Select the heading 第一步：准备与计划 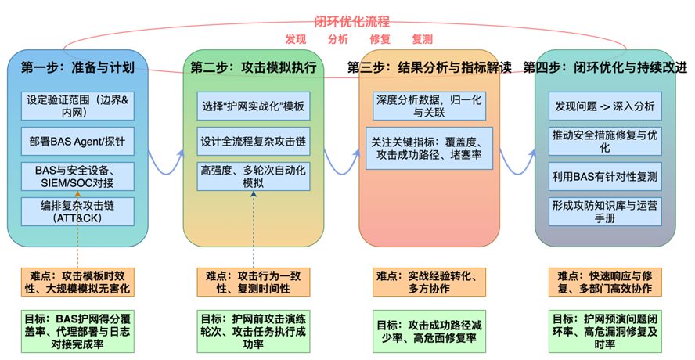[78, 67]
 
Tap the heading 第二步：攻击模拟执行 [254, 67]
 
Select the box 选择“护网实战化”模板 [254, 106]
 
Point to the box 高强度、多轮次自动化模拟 [254, 176]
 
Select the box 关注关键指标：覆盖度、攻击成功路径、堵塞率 [430, 149]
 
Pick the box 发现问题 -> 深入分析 [603, 106]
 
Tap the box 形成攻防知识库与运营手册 [603, 211]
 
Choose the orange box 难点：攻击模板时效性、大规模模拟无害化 [77, 283]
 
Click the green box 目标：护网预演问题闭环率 [603, 331]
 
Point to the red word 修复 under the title [380, 39]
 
